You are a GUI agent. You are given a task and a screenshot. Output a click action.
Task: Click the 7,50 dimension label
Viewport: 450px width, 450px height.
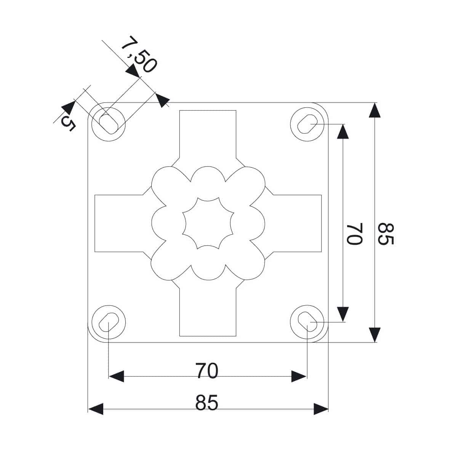click(x=139, y=54)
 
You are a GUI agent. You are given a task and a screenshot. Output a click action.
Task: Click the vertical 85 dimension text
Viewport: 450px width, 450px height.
click(x=386, y=234)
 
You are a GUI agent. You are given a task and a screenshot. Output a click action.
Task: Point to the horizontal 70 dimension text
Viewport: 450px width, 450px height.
click(x=207, y=370)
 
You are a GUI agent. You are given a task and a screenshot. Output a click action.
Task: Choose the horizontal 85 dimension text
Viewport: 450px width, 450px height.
click(x=207, y=402)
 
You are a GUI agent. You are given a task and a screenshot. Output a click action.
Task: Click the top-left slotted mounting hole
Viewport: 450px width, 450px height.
click(x=109, y=124)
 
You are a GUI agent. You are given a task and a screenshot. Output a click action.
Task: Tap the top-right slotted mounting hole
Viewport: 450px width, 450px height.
click(x=307, y=124)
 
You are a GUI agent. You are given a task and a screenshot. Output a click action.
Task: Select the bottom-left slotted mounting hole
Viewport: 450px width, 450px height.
click(x=109, y=322)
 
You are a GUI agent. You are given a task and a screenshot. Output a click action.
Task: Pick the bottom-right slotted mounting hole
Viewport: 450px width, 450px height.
click(x=307, y=322)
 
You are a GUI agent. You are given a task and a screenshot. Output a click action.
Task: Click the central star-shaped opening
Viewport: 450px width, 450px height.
click(x=208, y=223)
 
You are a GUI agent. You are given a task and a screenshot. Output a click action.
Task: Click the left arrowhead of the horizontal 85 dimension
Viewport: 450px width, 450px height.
click(x=96, y=409)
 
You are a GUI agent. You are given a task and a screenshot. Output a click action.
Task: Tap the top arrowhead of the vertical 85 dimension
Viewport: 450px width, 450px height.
click(x=375, y=110)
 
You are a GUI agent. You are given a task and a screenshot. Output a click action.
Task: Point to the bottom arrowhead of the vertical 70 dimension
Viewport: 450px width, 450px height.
click(x=343, y=314)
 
